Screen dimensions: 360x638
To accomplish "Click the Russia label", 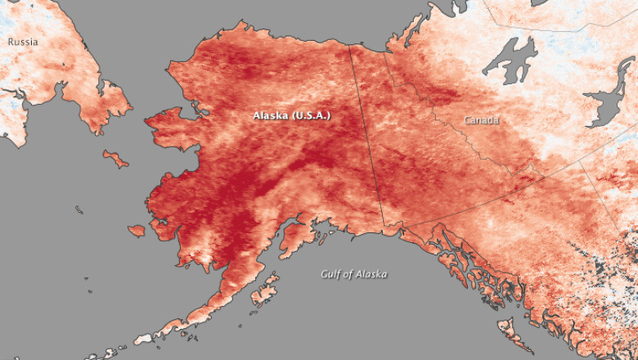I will click(23, 41).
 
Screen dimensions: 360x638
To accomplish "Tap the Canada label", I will click(482, 120).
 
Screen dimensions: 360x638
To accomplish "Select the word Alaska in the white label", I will click(271, 116).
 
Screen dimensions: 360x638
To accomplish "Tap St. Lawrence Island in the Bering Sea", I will click(115, 158).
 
